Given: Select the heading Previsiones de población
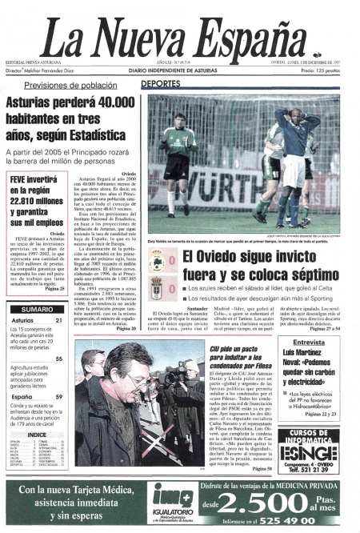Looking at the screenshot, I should (x=70, y=85).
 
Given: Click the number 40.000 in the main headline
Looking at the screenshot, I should (x=110, y=102).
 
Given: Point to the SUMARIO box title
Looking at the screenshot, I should (x=38, y=309).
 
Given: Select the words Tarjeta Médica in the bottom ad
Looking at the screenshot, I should (x=101, y=491).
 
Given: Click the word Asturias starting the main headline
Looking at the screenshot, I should (x=37, y=102).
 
